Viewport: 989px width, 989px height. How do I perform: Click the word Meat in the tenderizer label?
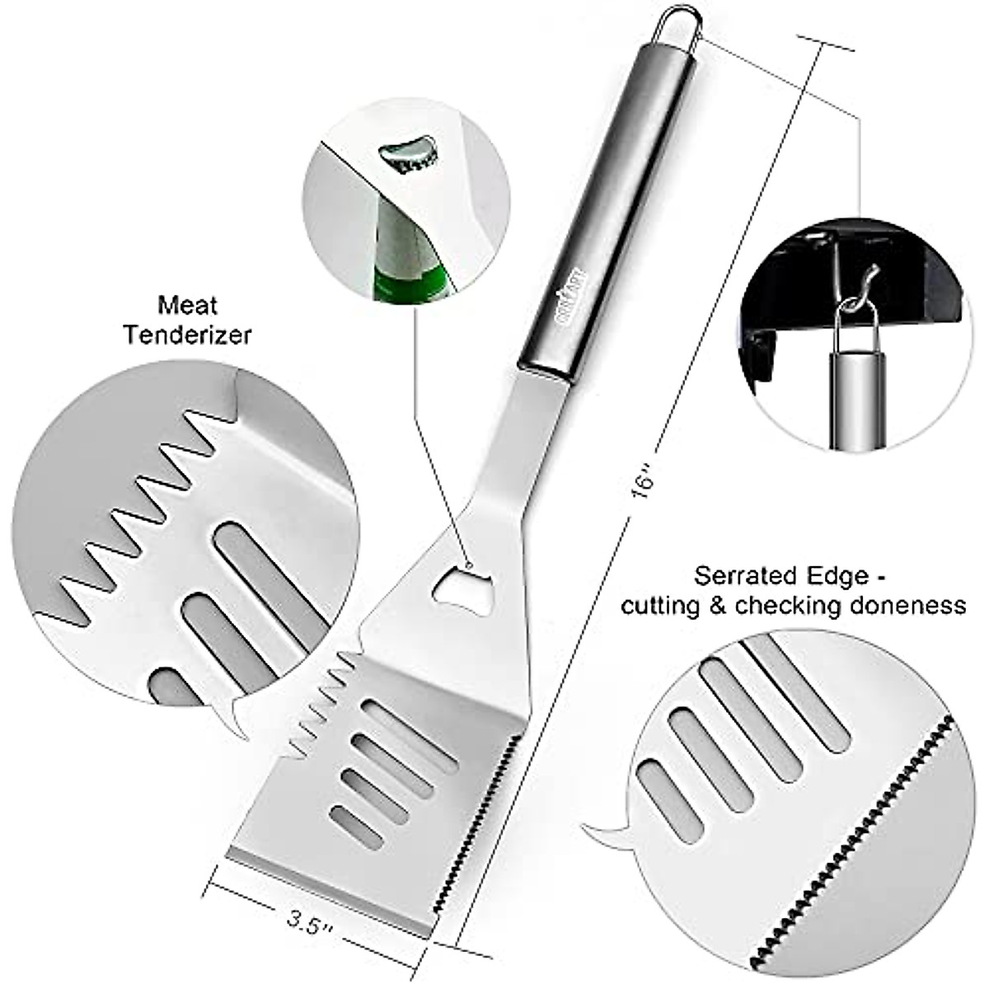coord(188,306)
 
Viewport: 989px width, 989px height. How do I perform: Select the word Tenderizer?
coord(188,335)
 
